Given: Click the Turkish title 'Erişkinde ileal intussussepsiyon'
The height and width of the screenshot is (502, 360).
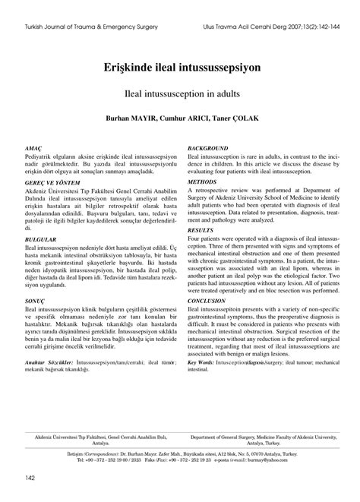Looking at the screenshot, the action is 180,68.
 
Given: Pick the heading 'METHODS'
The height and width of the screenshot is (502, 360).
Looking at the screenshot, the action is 202,182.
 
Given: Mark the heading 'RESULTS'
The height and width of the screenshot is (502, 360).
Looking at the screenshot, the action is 201,229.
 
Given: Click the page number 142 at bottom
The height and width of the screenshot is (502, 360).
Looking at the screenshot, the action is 30,477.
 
